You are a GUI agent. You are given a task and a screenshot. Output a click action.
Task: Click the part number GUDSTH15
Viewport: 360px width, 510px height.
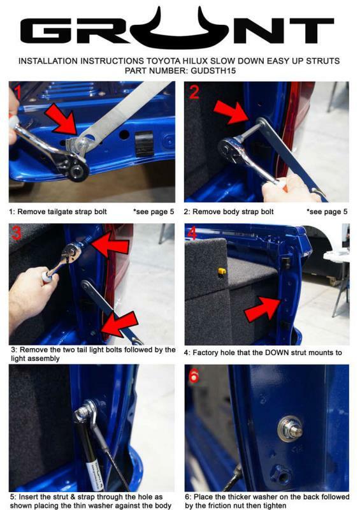tap(213, 71)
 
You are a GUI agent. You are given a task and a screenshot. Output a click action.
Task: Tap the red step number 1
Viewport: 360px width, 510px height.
tap(17, 92)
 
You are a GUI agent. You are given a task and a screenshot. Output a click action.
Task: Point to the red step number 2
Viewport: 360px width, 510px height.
tap(194, 92)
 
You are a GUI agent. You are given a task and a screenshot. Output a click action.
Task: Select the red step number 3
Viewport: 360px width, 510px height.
tap(17, 233)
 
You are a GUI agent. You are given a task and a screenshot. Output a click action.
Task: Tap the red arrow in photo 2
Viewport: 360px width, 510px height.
tap(232, 112)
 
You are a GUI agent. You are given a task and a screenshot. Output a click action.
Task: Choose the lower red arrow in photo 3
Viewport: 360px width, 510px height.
tap(119, 324)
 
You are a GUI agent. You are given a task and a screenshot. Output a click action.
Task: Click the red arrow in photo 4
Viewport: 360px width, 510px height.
tap(262, 309)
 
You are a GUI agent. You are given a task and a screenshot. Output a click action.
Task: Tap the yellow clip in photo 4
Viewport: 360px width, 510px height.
tap(222, 271)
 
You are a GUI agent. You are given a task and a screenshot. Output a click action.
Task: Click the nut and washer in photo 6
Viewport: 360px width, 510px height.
tap(291, 429)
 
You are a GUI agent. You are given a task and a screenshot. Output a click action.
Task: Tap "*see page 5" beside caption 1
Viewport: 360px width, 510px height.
tap(154, 212)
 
